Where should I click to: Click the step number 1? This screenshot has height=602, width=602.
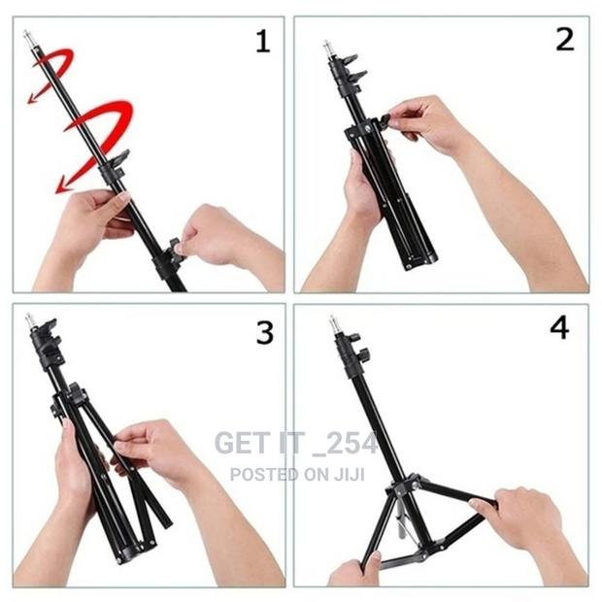(x=262, y=41)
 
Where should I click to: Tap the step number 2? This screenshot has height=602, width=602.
(x=564, y=41)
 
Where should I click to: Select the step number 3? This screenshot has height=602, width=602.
(x=264, y=332)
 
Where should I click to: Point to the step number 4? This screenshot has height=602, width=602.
(x=560, y=328)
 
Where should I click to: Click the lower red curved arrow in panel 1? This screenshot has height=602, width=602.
(x=96, y=140)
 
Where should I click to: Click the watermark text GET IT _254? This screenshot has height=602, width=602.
(x=295, y=443)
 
